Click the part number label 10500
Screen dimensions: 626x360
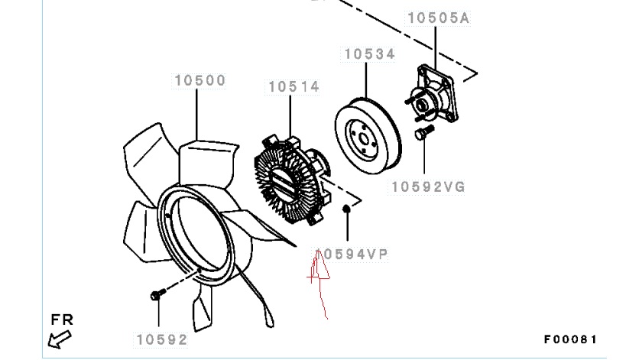pos(200,80)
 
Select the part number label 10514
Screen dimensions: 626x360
pos(294,87)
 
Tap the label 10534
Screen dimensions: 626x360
pos(369,54)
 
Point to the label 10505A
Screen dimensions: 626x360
pos(439,18)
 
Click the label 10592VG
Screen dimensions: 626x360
pos(428,186)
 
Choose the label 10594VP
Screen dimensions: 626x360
pos(352,255)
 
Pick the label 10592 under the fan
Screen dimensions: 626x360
pos(162,339)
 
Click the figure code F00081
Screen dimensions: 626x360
pos(570,339)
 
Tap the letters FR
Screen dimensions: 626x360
pos(62,319)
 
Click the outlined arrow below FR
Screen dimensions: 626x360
pos(59,340)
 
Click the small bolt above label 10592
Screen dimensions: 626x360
pos(157,294)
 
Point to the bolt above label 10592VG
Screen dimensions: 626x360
pos(424,132)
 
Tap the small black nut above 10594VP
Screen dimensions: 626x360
pos(347,209)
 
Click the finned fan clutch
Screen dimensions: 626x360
pos(292,180)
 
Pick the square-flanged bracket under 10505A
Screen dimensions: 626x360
pos(433,94)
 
